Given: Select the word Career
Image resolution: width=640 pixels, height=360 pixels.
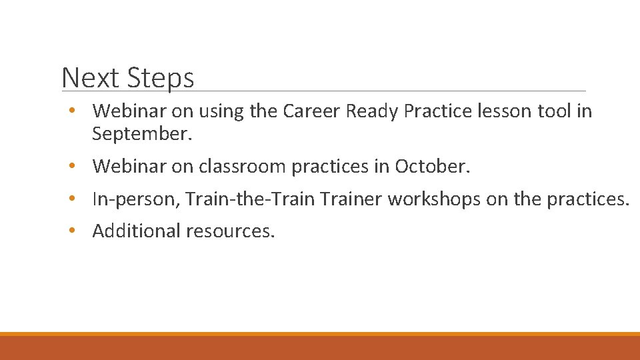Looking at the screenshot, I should click(x=312, y=111).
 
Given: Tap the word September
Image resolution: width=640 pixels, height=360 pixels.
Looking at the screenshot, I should click(x=142, y=135).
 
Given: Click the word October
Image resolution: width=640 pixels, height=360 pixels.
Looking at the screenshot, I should click(x=432, y=166).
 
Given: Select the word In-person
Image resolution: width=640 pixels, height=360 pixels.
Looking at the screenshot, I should click(x=137, y=199).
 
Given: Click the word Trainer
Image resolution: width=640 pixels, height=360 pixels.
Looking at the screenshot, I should click(x=351, y=198).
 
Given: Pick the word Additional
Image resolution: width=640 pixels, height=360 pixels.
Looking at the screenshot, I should click(x=137, y=231).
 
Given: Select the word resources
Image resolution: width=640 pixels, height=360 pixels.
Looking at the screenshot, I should click(x=231, y=231).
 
